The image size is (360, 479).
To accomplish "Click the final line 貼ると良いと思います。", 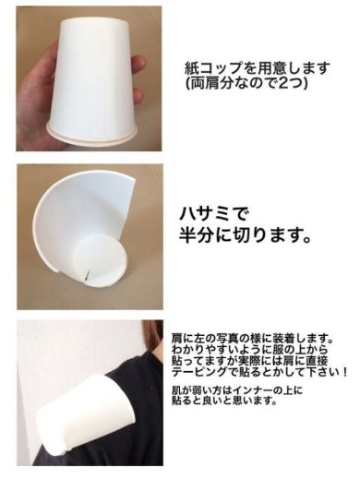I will (x=226, y=403).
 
